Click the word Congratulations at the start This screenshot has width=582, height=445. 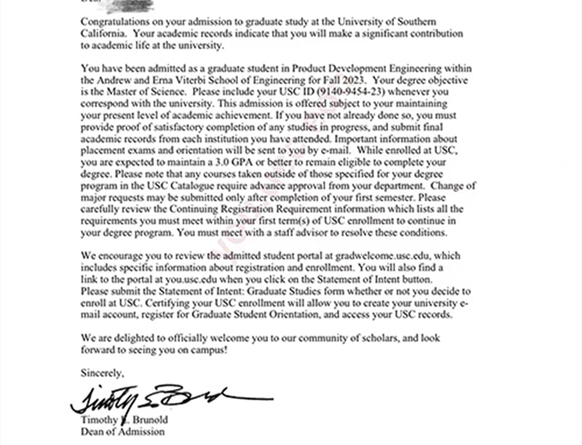pyautogui.click(x=114, y=21)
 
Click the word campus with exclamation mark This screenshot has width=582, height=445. pyautogui.click(x=211, y=350)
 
